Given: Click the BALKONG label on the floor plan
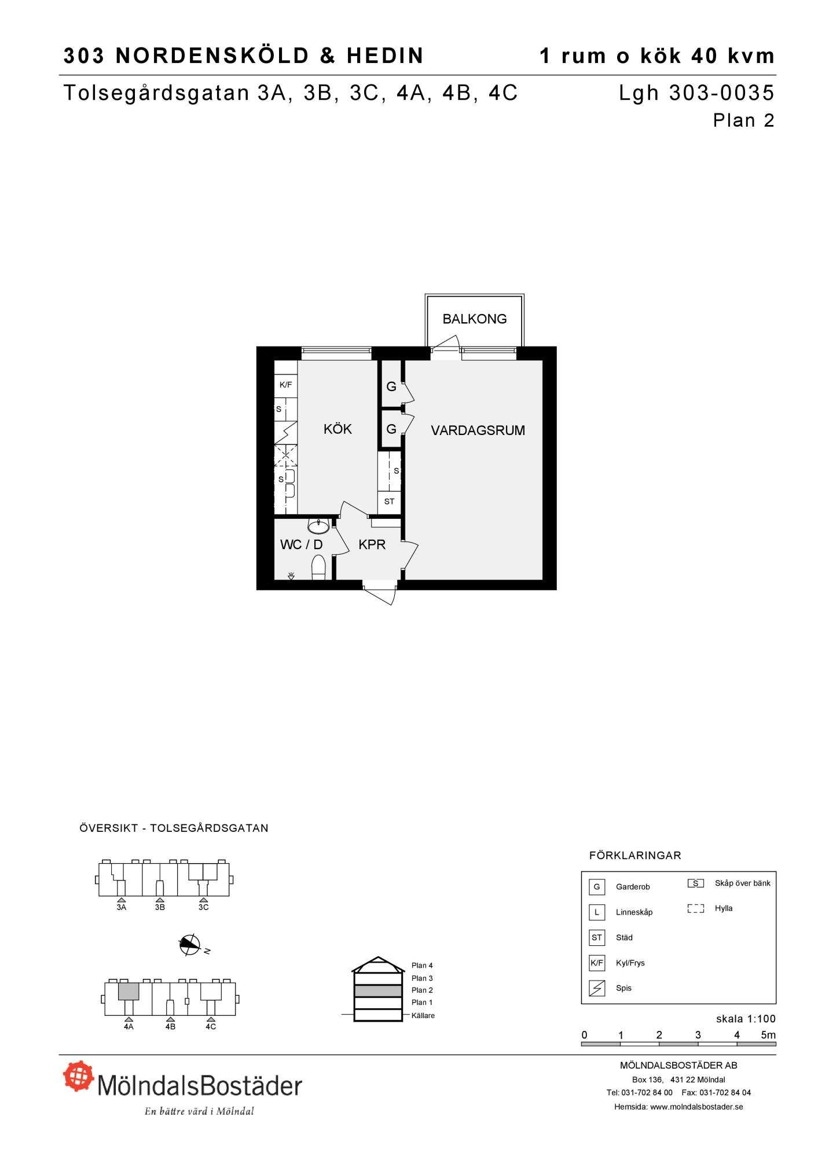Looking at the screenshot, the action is coord(474,319).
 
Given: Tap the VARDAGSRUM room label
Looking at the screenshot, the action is coord(478,430).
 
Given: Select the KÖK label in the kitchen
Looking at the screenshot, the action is coord(338,429).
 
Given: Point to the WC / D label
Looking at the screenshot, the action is coord(301,544).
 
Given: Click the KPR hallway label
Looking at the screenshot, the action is coord(372,544).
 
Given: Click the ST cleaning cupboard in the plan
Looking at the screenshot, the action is coord(389,502).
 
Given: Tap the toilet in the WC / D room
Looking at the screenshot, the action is coord(318,568).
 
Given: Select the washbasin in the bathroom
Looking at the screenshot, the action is coord(318,526).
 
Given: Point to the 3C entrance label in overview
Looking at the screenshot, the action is coord(203,908).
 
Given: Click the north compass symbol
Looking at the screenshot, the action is coord(190,945).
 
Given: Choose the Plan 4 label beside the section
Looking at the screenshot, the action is coord(422,966).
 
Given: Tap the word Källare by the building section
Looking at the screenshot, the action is coord(423,1015).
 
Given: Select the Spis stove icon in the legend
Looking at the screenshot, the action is coord(596,988).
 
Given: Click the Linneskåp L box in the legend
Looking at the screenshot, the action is coord(596,912).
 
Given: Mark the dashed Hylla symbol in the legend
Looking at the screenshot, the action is coord(696,909).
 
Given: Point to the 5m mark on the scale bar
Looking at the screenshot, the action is coord(768,1035).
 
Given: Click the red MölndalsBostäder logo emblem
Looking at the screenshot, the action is coord(79,1075).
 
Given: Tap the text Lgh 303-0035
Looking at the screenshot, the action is coord(696,93).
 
